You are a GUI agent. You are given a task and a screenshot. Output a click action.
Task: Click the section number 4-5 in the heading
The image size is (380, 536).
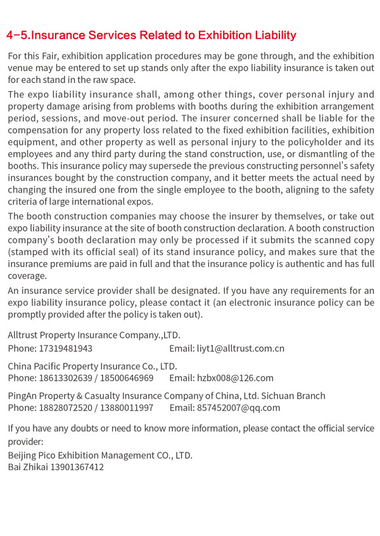point(17,35)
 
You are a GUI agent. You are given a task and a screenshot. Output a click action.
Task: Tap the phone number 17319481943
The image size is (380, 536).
point(66,348)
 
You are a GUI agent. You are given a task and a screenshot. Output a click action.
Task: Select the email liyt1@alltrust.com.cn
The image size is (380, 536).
point(241,348)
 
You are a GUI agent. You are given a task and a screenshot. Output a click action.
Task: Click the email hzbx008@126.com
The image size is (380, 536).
point(235,378)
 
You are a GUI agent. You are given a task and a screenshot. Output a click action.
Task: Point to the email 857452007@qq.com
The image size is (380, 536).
point(238,408)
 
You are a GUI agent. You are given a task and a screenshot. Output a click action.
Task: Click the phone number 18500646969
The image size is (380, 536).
point(127,378)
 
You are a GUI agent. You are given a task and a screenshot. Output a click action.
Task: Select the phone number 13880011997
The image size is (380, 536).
point(127,408)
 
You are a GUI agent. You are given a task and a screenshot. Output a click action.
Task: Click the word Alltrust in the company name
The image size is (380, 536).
point(25,335)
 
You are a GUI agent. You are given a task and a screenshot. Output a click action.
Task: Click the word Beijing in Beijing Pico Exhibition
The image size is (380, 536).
point(24,455)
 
